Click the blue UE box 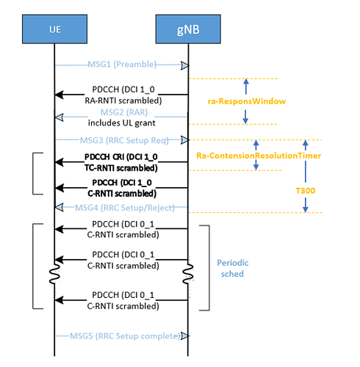[x=54, y=29]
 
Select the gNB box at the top [x=188, y=29]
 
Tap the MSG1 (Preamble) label [x=122, y=65]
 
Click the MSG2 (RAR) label [x=124, y=112]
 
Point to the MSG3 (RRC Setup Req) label [x=124, y=140]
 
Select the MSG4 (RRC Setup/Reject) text [x=125, y=208]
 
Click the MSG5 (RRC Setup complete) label [x=125, y=336]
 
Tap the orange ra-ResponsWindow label [x=247, y=101]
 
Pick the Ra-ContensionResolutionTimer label [x=259, y=156]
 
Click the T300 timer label [x=305, y=191]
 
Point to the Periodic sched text [x=233, y=268]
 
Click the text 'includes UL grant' [x=122, y=123]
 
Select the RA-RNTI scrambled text [x=123, y=101]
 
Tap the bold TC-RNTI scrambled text [x=121, y=168]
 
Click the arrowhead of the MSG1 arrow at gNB [x=185, y=65]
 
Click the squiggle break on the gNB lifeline [x=188, y=274]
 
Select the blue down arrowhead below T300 [x=305, y=209]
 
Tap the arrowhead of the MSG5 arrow [x=185, y=336]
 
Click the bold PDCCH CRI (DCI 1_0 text [x=121, y=157]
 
